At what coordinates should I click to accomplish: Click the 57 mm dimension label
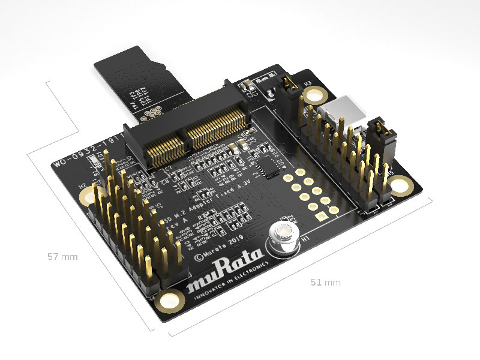[62, 256]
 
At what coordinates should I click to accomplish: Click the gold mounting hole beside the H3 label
[313, 95]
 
